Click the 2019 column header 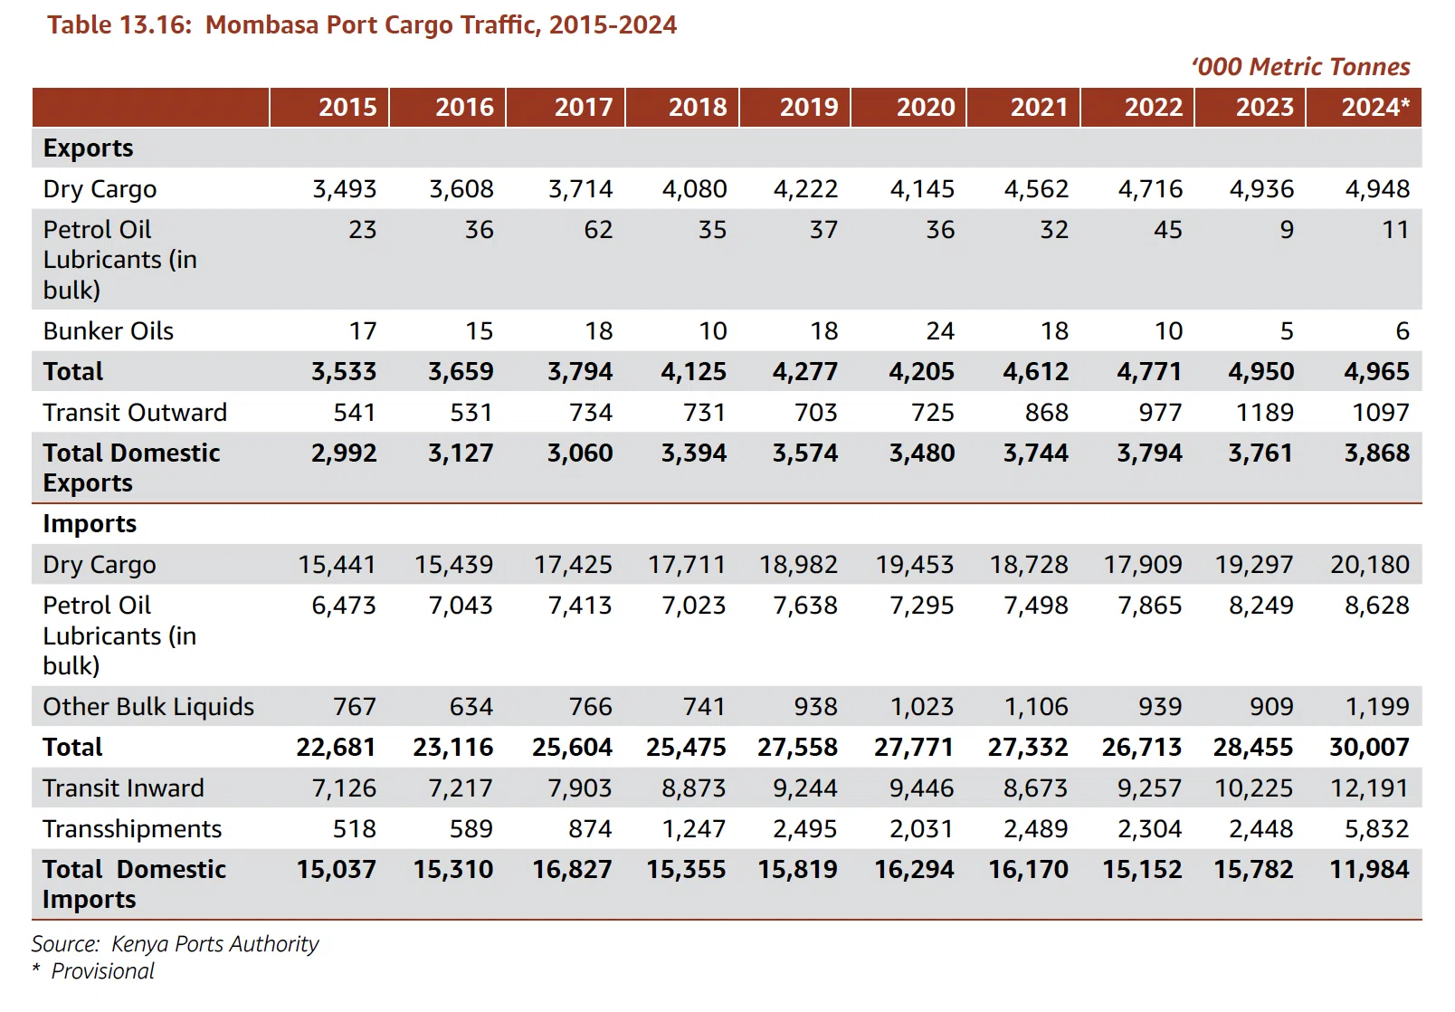point(809,107)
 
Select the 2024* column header point(1375,107)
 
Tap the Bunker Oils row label point(108,330)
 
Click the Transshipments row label point(132,829)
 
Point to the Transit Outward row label point(135,412)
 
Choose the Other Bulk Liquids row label point(148,707)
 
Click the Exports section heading point(88,148)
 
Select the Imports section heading point(90,524)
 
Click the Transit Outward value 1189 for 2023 point(1264,412)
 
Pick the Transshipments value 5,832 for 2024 point(1376,829)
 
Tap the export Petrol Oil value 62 point(597,229)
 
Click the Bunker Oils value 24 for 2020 point(940,330)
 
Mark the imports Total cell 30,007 point(1369,748)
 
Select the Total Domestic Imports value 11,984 point(1369,869)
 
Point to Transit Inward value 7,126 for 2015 point(344,788)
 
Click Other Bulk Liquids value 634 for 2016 point(471,707)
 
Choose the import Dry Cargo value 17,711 point(687,564)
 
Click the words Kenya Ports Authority point(215,944)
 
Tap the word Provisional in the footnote point(102,971)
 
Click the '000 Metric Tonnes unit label point(1301,66)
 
